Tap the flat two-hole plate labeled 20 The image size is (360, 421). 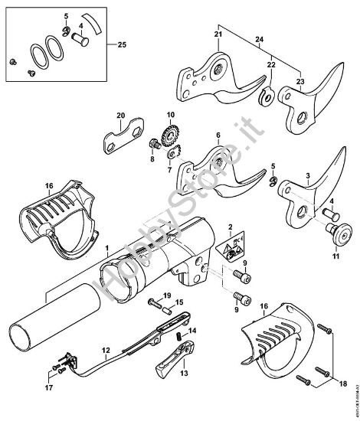(x=121, y=140)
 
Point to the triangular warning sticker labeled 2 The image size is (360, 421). (x=227, y=246)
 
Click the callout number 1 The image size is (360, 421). (x=106, y=249)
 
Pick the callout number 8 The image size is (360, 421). (x=152, y=161)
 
